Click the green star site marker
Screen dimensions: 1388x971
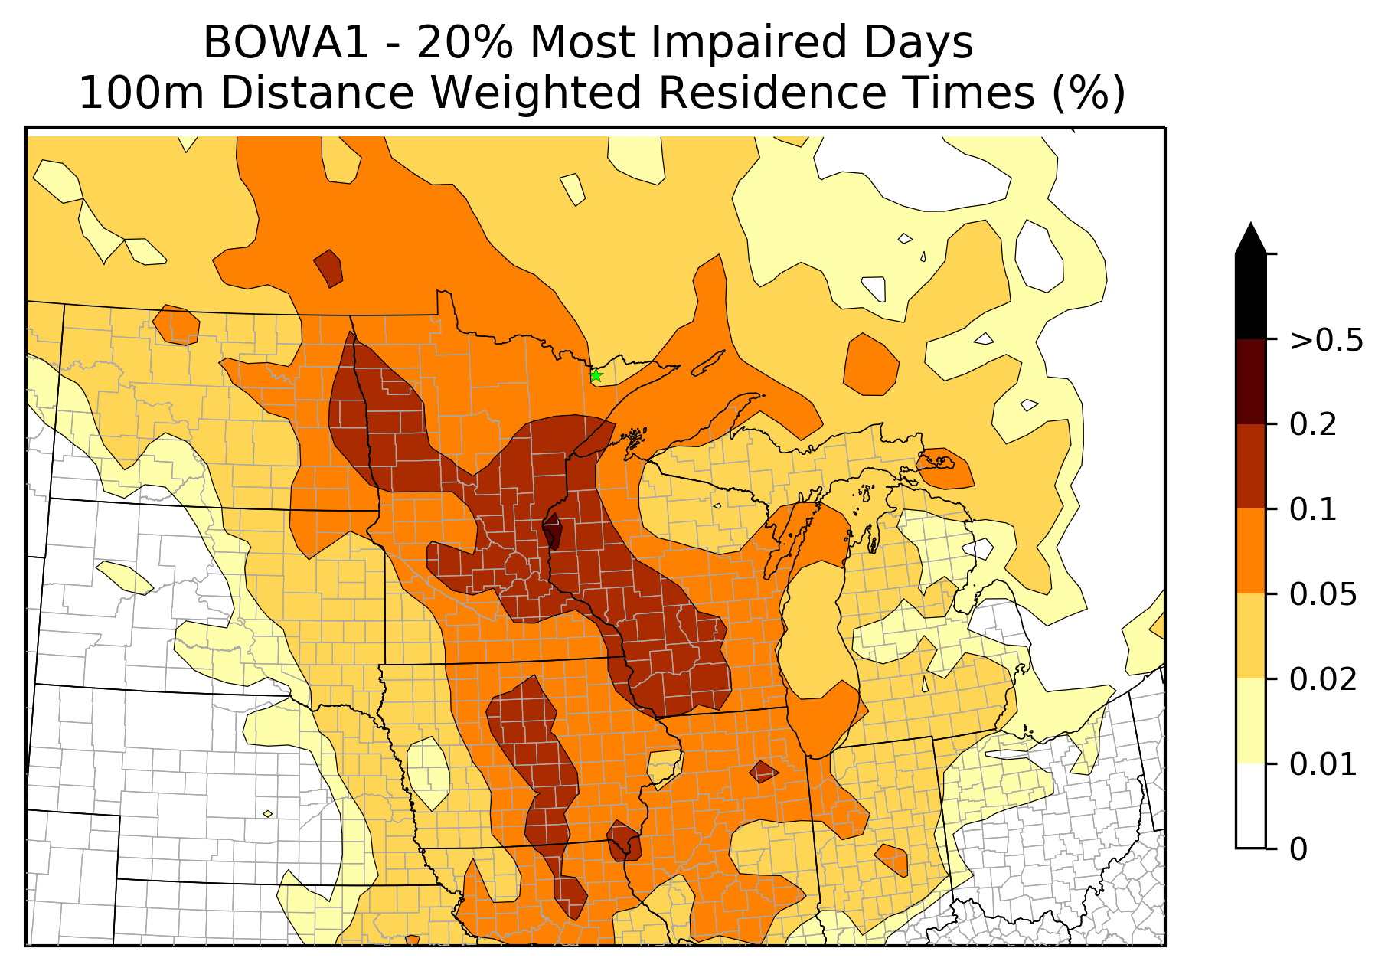(x=596, y=375)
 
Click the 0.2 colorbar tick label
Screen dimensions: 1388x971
(x=1314, y=425)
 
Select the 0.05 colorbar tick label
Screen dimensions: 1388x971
(x=1324, y=595)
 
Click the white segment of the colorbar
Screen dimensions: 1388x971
(x=1251, y=806)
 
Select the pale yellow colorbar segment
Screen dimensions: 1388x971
(x=1251, y=721)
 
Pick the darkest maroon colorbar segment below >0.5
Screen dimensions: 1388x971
(x=1251, y=381)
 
